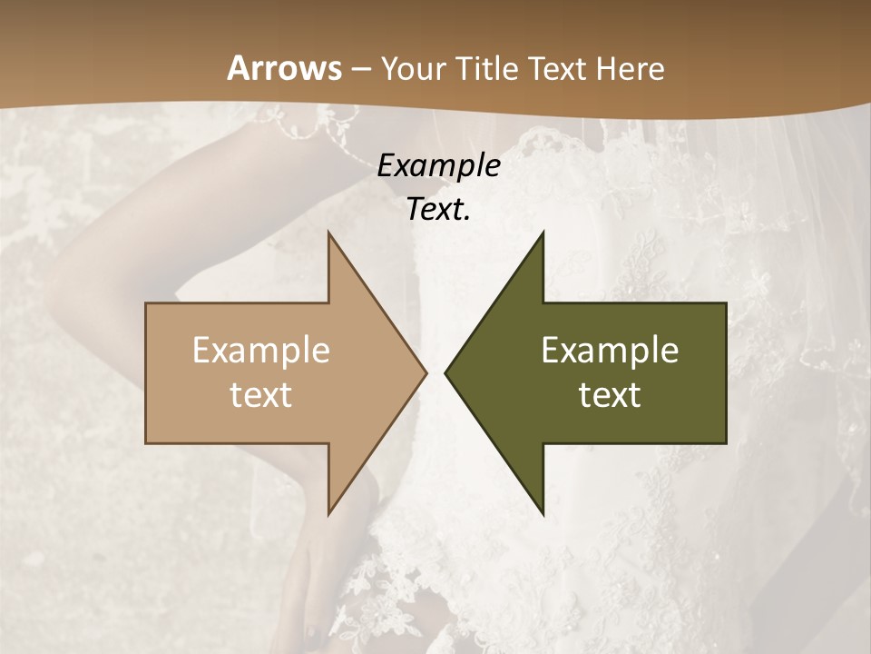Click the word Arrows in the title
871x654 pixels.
[x=285, y=68]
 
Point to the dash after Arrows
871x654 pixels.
[x=360, y=69]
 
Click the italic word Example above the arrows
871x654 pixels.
[x=438, y=165]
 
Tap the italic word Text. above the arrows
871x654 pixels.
[x=438, y=209]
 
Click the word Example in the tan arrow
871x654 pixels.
[x=261, y=351]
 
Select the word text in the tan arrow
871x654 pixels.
[x=261, y=395]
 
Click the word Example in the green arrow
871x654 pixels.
[x=610, y=351]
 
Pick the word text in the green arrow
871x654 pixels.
[x=610, y=395]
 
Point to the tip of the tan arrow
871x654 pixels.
[x=426, y=372]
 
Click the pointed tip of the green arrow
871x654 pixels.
[x=445, y=372]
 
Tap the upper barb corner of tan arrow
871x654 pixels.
[x=328, y=233]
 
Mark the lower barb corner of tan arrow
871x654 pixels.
[x=328, y=514]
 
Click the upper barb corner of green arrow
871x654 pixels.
[x=543, y=233]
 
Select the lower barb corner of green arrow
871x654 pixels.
[x=543, y=514]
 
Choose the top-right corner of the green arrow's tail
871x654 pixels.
[x=726, y=303]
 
